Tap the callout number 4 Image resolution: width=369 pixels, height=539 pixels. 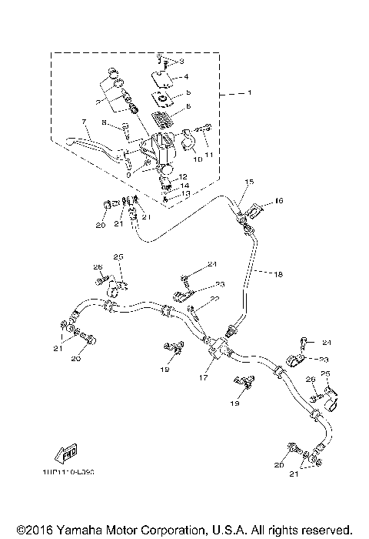click(x=185, y=78)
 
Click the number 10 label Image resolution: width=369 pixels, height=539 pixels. click(x=198, y=159)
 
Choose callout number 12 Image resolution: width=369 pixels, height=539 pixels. click(x=183, y=176)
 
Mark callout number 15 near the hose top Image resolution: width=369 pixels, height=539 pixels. click(x=228, y=182)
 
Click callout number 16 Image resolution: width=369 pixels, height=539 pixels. click(x=278, y=201)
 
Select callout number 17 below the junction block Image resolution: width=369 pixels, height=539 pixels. click(x=204, y=378)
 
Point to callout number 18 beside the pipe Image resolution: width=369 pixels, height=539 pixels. click(x=278, y=273)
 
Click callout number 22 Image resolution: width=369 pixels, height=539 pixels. click(x=217, y=299)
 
